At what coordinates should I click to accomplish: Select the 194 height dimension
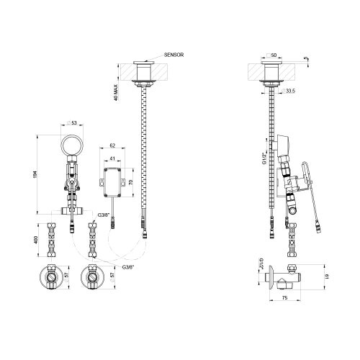tap(35, 174)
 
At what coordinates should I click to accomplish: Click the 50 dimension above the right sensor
tap(273, 55)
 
